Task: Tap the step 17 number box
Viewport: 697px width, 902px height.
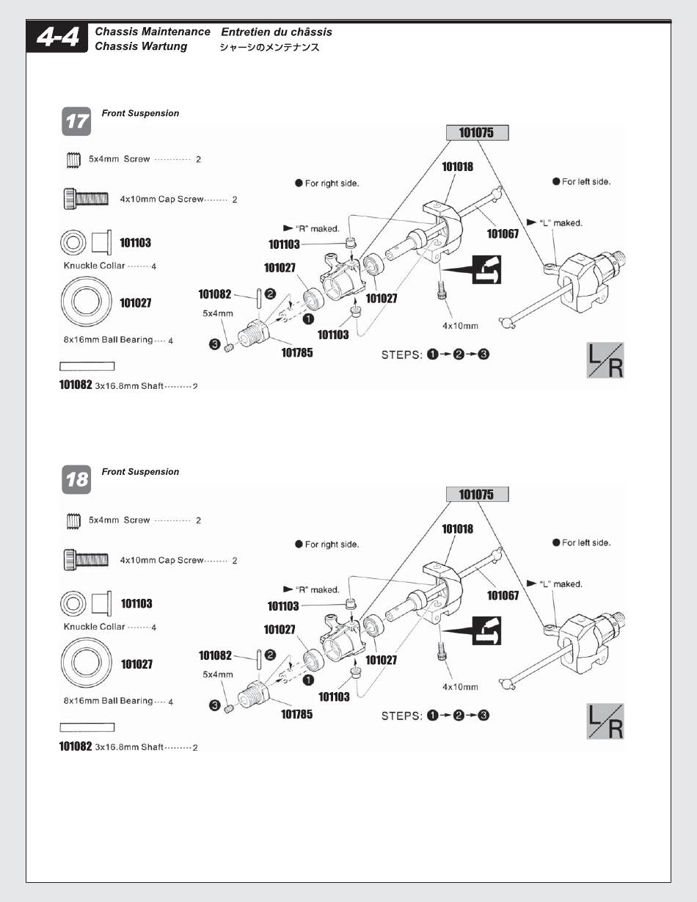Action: click(x=76, y=122)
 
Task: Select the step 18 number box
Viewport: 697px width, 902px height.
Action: click(x=76, y=480)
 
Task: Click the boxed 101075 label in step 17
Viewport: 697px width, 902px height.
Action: click(x=477, y=133)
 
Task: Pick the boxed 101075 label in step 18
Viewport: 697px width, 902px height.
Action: click(x=477, y=495)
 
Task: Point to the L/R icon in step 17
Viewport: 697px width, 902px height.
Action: click(x=605, y=360)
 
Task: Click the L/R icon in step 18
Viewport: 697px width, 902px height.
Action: click(x=605, y=721)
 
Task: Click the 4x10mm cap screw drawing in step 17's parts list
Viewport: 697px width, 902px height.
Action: click(x=87, y=199)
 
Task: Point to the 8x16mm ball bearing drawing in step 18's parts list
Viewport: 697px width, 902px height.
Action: click(x=86, y=664)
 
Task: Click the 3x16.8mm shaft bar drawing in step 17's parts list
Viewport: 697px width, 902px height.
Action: click(x=87, y=366)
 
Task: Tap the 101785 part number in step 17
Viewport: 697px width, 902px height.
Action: click(x=297, y=353)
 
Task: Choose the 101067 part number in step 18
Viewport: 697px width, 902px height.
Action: click(x=503, y=595)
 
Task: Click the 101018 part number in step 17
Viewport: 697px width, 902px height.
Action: click(x=457, y=167)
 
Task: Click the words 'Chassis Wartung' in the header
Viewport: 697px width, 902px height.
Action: click(x=141, y=46)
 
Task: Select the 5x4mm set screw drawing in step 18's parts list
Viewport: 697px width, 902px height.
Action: click(x=73, y=520)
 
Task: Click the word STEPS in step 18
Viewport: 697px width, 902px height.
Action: click(x=401, y=716)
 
